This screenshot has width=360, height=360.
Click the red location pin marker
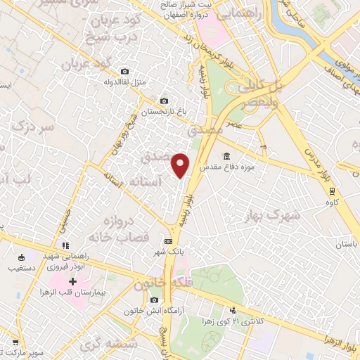click(x=181, y=165)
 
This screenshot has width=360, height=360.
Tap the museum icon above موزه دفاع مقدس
click(x=226, y=156)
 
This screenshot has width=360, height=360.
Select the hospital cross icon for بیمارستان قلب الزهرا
click(x=72, y=281)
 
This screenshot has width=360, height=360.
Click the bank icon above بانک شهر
click(x=168, y=241)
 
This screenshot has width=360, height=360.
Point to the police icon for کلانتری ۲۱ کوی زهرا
click(x=233, y=311)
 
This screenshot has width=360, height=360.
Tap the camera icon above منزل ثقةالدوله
click(x=125, y=71)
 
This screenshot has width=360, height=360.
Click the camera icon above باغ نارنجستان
click(x=165, y=101)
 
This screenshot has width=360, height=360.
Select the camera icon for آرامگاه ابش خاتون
click(x=154, y=300)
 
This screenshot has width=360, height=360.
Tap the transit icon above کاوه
click(x=329, y=190)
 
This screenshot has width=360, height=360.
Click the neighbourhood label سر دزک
click(x=32, y=128)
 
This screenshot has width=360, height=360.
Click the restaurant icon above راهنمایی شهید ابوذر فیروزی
click(x=65, y=245)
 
